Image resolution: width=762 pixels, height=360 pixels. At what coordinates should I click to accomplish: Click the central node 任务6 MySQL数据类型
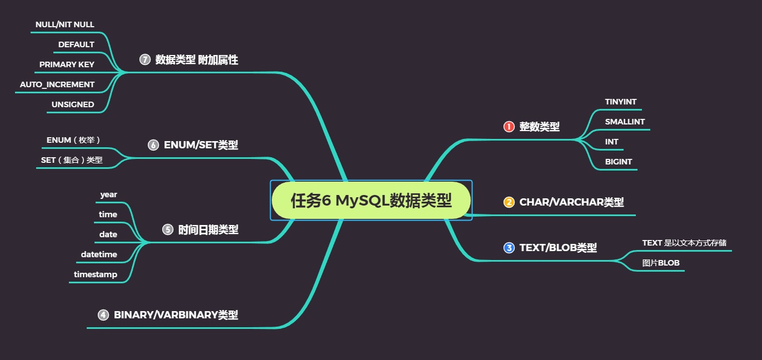pyautogui.click(x=371, y=200)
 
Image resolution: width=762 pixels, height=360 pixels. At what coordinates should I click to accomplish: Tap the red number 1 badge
pyautogui.click(x=509, y=127)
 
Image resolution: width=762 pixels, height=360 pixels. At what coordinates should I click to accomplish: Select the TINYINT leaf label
pyautogui.click(x=620, y=102)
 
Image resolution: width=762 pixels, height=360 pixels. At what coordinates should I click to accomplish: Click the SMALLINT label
pyautogui.click(x=625, y=122)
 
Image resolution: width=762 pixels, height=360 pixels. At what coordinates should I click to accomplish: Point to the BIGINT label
pyautogui.click(x=618, y=162)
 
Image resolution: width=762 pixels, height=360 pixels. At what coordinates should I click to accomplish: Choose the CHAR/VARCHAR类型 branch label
pyautogui.click(x=571, y=202)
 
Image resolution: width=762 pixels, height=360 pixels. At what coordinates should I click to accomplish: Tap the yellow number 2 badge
pyautogui.click(x=509, y=202)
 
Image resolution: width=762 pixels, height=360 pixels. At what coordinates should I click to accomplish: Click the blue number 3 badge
pyautogui.click(x=509, y=248)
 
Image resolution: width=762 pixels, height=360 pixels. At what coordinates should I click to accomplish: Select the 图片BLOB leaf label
pyautogui.click(x=660, y=263)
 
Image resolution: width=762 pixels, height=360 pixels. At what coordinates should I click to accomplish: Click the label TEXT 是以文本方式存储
pyautogui.click(x=684, y=243)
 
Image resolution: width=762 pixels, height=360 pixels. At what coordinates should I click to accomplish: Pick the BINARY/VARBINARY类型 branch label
pyautogui.click(x=176, y=315)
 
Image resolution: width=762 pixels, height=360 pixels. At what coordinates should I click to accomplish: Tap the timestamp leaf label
pyautogui.click(x=96, y=274)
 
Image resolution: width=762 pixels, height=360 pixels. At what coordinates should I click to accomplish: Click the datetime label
pyautogui.click(x=99, y=254)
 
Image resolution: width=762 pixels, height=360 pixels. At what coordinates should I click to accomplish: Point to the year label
pyautogui.click(x=108, y=194)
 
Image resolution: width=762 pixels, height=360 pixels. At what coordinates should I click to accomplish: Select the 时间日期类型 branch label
pyautogui.click(x=208, y=229)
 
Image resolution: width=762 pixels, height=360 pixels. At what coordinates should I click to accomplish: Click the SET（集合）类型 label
pyautogui.click(x=72, y=160)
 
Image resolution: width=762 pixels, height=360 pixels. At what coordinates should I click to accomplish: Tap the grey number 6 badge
pyautogui.click(x=153, y=145)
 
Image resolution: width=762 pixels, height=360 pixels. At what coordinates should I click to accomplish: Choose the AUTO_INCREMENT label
pyautogui.click(x=57, y=84)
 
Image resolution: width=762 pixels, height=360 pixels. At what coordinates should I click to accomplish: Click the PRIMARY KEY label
pyautogui.click(x=67, y=64)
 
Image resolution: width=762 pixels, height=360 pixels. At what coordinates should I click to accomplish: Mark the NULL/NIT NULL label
pyautogui.click(x=64, y=24)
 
